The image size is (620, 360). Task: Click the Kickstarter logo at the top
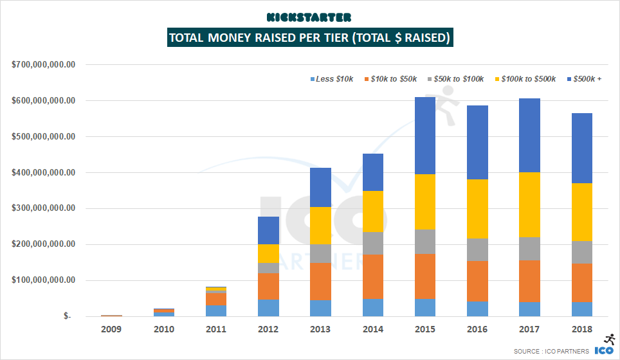[x=309, y=17]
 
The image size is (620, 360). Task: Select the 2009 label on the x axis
[x=111, y=328]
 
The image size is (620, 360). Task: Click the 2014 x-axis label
[x=372, y=328]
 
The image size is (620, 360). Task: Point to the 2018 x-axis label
[x=581, y=328]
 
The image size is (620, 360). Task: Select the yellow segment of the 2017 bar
[x=529, y=204]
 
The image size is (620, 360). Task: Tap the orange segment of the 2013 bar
[x=320, y=282]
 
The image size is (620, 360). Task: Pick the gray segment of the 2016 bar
[x=477, y=249]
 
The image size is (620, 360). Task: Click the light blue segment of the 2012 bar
[x=268, y=307]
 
